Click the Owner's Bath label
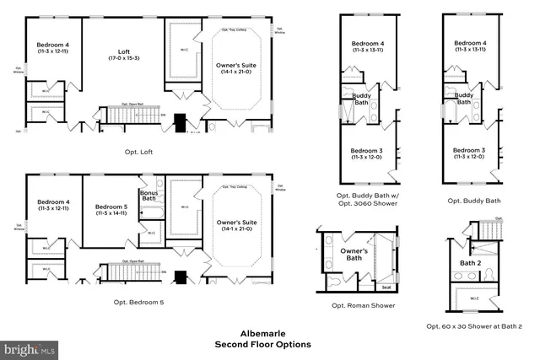click(354, 253)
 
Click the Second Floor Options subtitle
click(262, 344)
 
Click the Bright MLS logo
click(30, 347)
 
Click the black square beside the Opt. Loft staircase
click(178, 120)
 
